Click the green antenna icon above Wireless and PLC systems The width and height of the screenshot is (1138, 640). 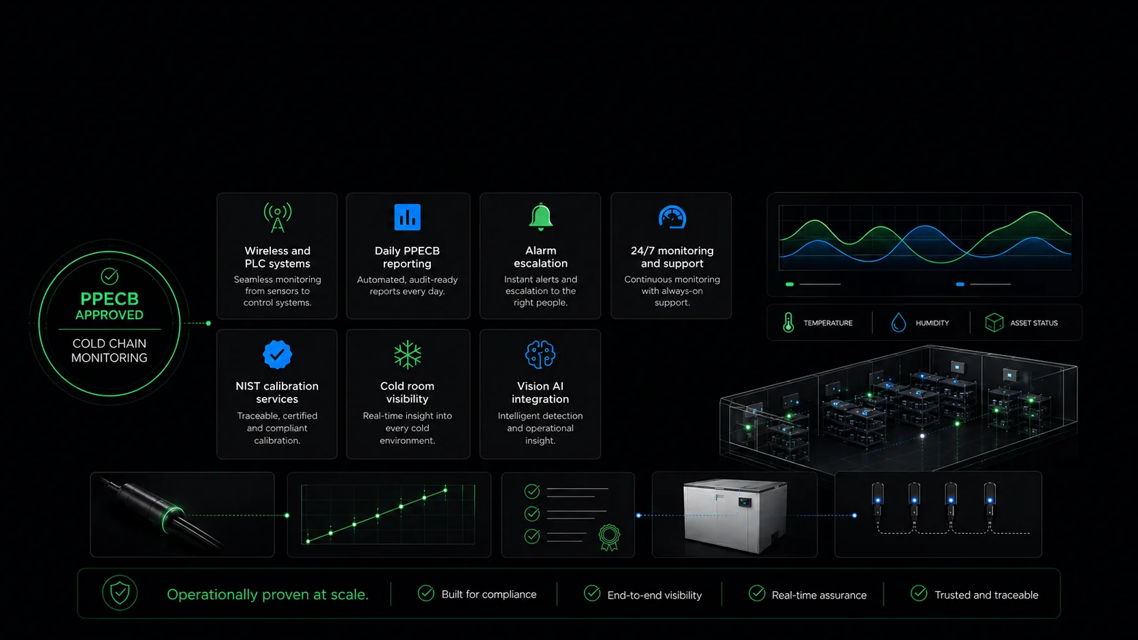(278, 217)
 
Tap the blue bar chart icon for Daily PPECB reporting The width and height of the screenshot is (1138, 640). (407, 217)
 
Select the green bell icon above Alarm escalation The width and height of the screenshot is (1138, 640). (540, 217)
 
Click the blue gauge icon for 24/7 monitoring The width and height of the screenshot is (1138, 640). (672, 217)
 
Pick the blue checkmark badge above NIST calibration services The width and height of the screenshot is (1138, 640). (277, 354)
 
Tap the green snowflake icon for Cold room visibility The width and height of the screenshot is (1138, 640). (408, 354)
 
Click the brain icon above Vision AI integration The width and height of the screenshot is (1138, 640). (540, 354)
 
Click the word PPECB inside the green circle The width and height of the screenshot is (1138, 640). (109, 299)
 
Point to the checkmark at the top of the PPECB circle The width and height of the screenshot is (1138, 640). (109, 276)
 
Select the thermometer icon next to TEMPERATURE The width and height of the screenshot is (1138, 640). (788, 322)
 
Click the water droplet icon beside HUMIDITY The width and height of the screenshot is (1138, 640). (898, 322)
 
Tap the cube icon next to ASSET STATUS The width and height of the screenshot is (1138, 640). (994, 322)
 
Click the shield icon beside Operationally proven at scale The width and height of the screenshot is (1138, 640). (120, 593)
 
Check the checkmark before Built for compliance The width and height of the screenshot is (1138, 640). (426, 593)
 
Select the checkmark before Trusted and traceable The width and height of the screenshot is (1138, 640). (919, 593)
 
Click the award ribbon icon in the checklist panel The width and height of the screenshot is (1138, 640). (609, 537)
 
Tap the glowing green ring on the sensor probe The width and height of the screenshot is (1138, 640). (171, 519)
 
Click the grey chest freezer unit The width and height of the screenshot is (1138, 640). (734, 516)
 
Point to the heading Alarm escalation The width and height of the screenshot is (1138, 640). (540, 257)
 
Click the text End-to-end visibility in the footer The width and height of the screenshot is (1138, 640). (654, 595)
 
